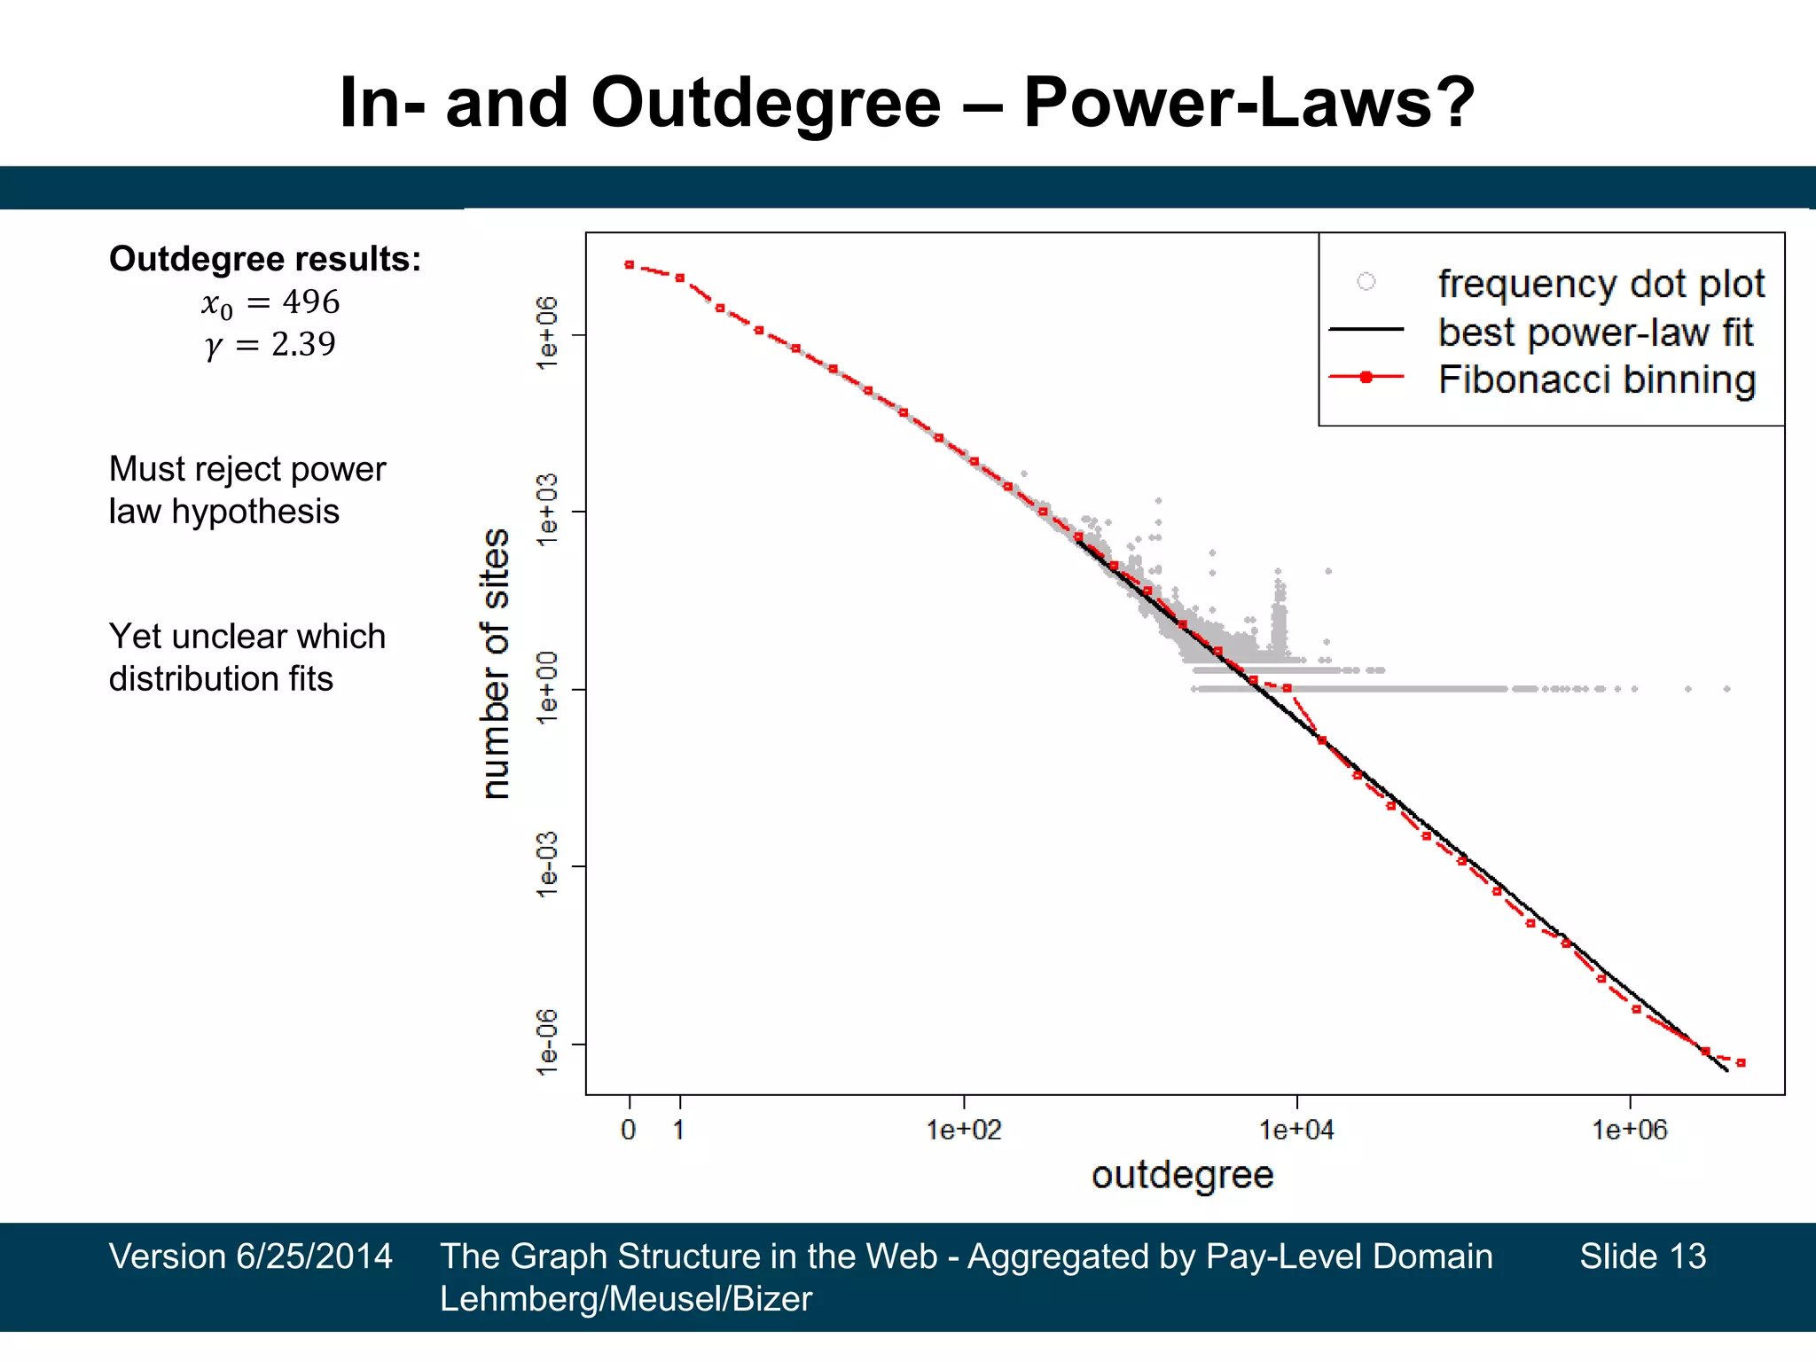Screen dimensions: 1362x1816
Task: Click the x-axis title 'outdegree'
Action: [1182, 1175]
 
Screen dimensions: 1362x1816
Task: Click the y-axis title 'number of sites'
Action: [496, 663]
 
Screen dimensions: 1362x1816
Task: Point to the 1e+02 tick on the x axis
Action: [964, 1130]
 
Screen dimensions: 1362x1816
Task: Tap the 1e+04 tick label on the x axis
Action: [1296, 1130]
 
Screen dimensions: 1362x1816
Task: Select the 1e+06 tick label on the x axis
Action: [1630, 1130]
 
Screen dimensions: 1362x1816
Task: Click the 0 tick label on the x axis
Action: [629, 1130]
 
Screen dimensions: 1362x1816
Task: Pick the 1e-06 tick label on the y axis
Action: [548, 1043]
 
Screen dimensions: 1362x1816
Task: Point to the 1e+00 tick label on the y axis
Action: [548, 688]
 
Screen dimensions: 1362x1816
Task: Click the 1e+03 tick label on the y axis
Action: [548, 511]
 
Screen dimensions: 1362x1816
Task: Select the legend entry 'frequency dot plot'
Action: [1601, 284]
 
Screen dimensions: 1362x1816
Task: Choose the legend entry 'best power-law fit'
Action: [1595, 333]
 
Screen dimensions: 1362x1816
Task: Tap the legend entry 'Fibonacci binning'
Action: [1596, 380]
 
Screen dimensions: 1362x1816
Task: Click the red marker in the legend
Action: [1366, 377]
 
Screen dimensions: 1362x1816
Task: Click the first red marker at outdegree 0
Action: [629, 264]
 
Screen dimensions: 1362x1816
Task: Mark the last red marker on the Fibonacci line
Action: [1741, 1062]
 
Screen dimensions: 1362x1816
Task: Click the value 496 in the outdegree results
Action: [310, 302]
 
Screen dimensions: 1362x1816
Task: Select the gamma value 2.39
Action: [303, 344]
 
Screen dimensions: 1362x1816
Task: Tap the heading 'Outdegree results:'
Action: [265, 259]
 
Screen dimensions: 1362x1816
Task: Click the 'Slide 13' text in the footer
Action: [1642, 1256]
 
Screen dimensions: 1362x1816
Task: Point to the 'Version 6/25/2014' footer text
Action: [250, 1256]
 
